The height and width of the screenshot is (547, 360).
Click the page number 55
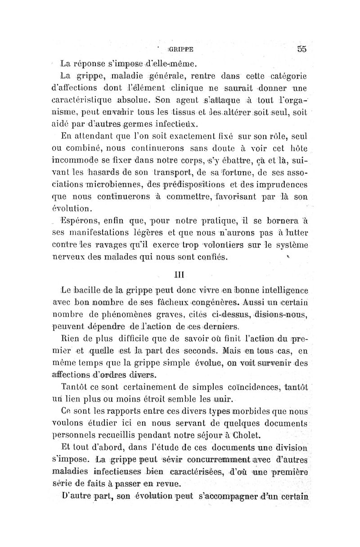click(x=301, y=50)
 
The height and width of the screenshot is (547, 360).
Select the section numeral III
click(x=180, y=273)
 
